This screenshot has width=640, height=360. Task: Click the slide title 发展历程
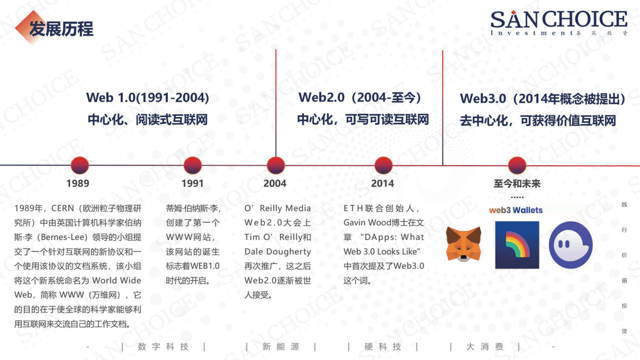tap(61, 29)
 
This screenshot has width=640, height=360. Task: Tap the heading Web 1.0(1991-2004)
tap(148, 98)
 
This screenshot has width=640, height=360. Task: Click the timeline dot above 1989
tap(79, 166)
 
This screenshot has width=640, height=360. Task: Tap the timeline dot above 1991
tap(193, 166)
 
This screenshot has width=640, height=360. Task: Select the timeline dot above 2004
tap(276, 166)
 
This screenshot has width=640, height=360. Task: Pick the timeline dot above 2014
tap(383, 166)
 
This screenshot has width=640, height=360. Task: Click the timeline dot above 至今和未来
tap(517, 166)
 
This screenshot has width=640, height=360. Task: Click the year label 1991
tap(193, 184)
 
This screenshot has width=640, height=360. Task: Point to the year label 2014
tap(382, 184)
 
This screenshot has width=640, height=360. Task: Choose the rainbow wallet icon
tap(517, 245)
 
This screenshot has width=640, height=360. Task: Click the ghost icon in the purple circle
tap(570, 245)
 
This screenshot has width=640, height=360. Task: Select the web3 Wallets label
tap(516, 210)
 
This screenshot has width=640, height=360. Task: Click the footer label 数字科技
tap(163, 347)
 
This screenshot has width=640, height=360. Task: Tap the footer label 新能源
tap(281, 347)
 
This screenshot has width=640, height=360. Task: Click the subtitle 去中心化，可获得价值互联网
tap(538, 121)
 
